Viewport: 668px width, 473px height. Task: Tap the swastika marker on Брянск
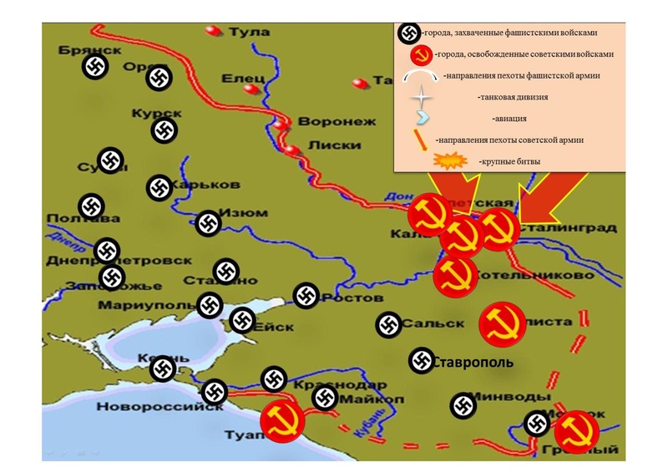click(x=95, y=68)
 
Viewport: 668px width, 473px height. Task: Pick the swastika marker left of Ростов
click(x=306, y=295)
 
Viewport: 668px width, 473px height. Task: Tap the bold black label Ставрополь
click(x=473, y=362)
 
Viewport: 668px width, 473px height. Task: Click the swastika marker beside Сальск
click(x=387, y=325)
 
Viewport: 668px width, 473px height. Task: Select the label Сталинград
click(x=569, y=228)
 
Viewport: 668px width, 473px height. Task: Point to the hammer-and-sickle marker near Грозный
click(x=576, y=432)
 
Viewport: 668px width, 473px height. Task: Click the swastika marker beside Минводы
click(x=462, y=405)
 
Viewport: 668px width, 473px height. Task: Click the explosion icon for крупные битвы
click(x=451, y=159)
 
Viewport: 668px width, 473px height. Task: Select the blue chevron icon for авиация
click(x=422, y=117)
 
